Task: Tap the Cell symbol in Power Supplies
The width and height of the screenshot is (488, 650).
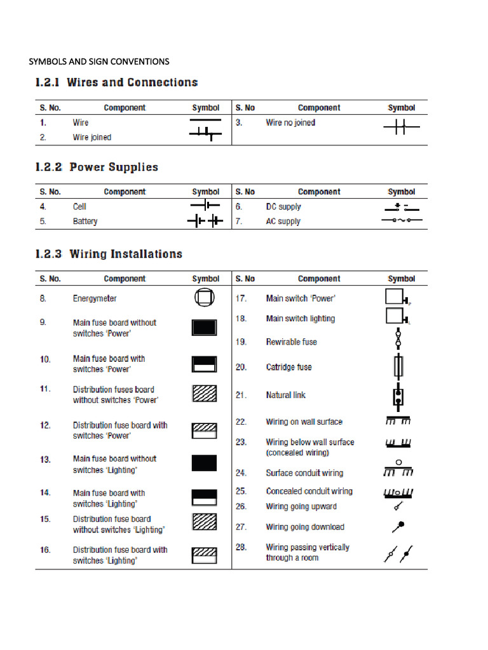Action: (x=205, y=206)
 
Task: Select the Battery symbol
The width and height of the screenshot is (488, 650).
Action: (x=205, y=221)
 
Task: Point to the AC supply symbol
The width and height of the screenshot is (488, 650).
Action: (x=401, y=220)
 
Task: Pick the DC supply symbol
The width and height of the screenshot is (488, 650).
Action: (x=401, y=206)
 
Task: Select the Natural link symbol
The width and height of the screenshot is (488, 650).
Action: (x=398, y=395)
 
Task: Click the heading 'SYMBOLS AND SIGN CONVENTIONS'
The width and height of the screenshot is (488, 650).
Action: (x=99, y=62)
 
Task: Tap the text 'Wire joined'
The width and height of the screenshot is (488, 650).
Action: (x=91, y=137)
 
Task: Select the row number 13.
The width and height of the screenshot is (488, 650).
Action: (x=45, y=459)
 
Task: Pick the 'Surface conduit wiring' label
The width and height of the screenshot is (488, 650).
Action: (x=304, y=473)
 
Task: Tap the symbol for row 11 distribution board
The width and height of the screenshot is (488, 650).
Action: (x=205, y=394)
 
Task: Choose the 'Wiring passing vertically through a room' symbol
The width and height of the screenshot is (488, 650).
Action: (x=398, y=553)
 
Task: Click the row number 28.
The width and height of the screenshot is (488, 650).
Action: (x=241, y=547)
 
